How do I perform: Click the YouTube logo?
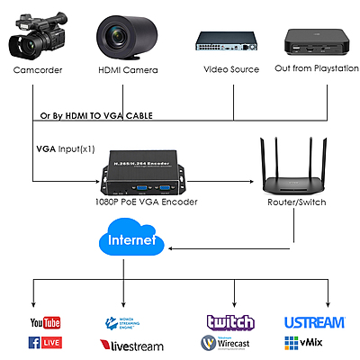click(x=44, y=322)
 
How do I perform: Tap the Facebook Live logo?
click(x=44, y=343)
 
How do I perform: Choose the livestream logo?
click(x=132, y=344)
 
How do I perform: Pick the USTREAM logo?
click(x=313, y=322)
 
